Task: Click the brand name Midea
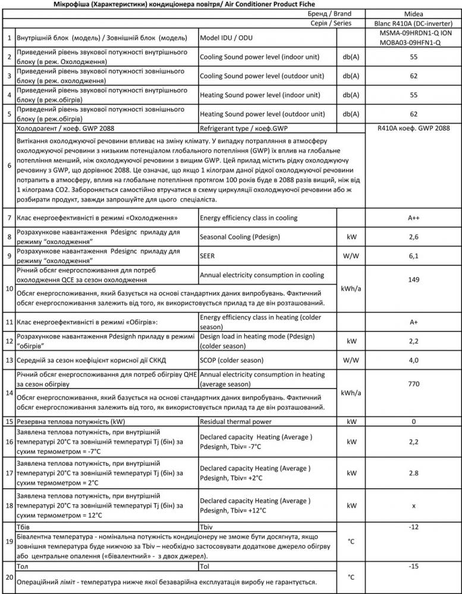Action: point(414,14)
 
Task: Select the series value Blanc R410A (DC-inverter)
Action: point(414,23)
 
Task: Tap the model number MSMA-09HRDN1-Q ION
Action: point(414,33)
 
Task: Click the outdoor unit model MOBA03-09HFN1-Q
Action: point(414,43)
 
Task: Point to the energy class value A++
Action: point(414,218)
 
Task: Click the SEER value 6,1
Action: point(414,256)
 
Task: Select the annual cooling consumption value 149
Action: point(414,280)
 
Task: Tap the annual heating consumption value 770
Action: point(414,385)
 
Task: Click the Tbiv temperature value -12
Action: point(414,527)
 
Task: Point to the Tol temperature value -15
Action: point(414,566)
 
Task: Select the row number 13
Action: point(9,360)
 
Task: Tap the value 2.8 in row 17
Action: point(414,473)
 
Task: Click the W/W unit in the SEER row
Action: point(351,256)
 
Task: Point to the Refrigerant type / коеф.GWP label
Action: point(243,127)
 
